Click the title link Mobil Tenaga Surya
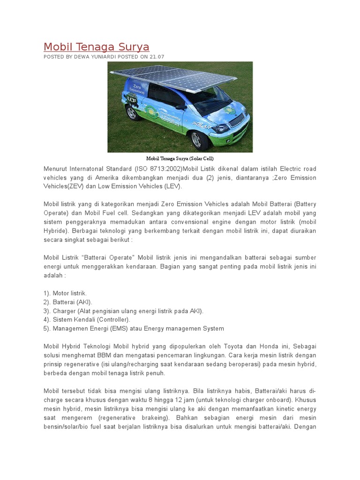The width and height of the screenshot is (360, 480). point(96,47)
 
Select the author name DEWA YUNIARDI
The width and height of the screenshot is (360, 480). point(94,57)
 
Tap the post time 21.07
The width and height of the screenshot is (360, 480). point(157,57)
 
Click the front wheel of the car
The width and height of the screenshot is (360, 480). point(197,139)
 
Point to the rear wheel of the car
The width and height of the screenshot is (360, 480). point(131,112)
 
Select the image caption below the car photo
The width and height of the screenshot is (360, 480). point(180,158)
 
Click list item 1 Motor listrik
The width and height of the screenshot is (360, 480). point(65,293)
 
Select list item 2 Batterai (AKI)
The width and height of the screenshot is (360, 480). point(68,302)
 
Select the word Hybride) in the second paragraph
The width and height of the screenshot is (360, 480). point(56,231)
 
